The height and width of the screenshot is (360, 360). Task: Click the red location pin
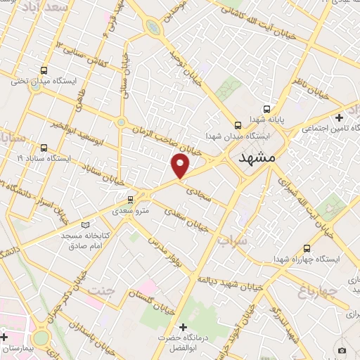pos(181,165)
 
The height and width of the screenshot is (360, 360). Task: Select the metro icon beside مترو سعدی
pos(129,200)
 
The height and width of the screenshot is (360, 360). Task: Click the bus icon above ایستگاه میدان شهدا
pos(238,121)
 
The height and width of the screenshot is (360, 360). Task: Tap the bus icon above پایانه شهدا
pos(267,109)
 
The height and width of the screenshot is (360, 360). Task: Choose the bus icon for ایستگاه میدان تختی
pos(44,70)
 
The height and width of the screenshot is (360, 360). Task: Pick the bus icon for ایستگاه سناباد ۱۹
pos(44,148)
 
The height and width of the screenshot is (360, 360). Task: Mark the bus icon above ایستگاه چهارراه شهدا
pos(307,247)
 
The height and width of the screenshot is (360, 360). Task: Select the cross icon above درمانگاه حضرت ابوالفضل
pos(184,328)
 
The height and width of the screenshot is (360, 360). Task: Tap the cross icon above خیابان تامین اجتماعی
pos(339,117)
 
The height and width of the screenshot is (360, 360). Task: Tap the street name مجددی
pos(196,185)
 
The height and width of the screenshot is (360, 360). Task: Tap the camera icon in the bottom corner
pos(342,350)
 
